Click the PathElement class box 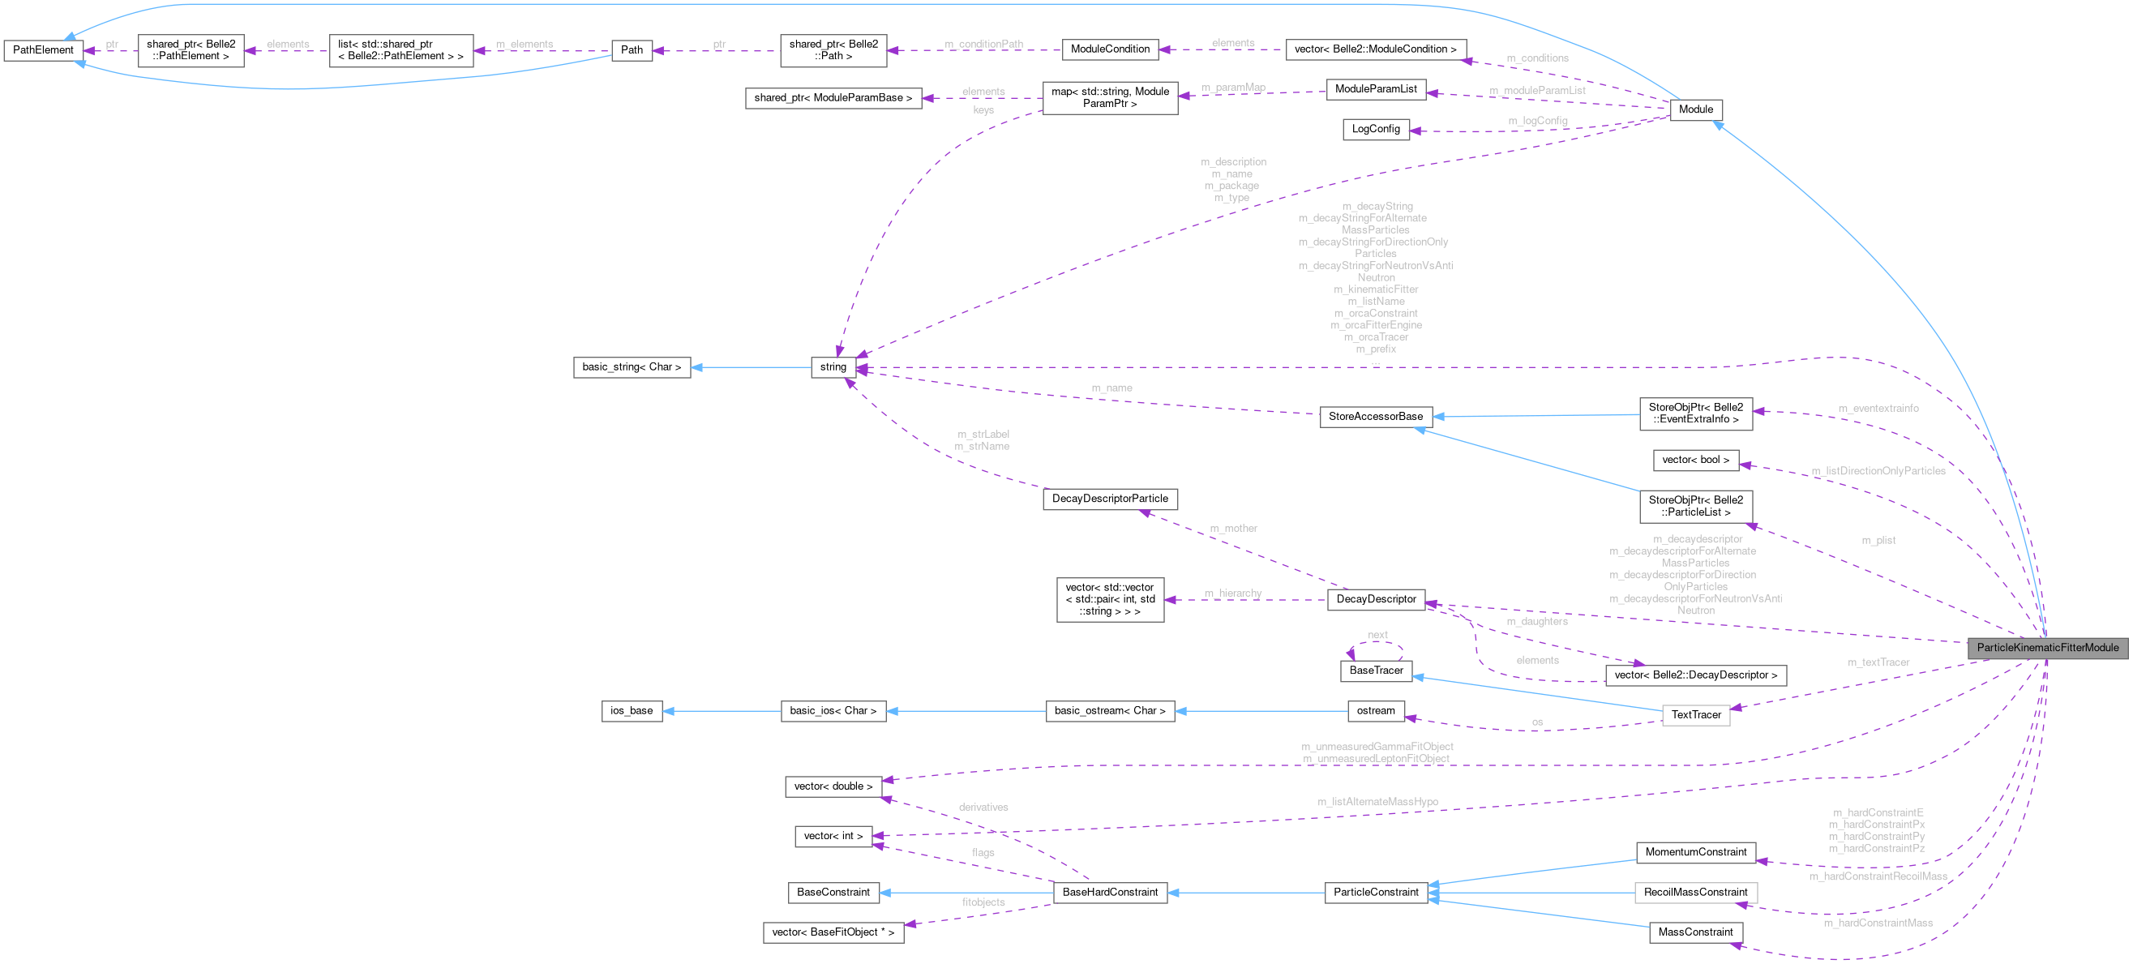click(43, 50)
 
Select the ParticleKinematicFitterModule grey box click(2047, 648)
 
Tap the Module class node click(1696, 109)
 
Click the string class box click(833, 367)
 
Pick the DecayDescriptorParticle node click(1110, 499)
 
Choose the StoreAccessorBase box click(1375, 417)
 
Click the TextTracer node click(1696, 715)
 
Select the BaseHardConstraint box click(1110, 892)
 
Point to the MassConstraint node click(1695, 932)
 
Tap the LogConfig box click(1375, 129)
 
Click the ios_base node click(632, 710)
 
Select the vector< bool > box click(1696, 460)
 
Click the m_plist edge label click(1878, 540)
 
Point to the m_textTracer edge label click(1878, 662)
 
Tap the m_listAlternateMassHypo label click(1377, 802)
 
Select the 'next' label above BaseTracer click(1377, 635)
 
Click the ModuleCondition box click(1110, 49)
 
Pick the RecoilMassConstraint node click(1695, 892)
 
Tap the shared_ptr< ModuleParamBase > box click(833, 98)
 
